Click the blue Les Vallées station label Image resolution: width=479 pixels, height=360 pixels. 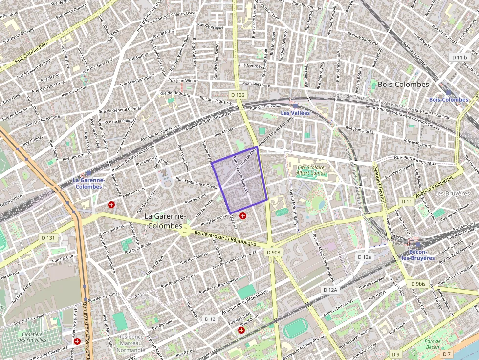[295, 113]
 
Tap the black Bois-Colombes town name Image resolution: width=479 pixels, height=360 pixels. [403, 84]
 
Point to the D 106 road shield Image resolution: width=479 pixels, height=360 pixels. [237, 94]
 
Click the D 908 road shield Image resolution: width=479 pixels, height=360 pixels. [274, 252]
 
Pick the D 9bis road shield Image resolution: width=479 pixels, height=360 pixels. [418, 284]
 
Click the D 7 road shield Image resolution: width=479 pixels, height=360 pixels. [447, 354]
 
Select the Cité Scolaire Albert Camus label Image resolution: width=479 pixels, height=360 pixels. [311, 170]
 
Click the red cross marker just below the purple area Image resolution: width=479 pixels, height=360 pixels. [243, 215]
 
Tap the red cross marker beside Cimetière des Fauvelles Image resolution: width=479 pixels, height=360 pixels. [77, 341]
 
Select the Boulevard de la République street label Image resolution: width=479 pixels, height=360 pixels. [225, 239]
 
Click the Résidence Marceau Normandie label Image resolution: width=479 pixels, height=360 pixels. [131, 343]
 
